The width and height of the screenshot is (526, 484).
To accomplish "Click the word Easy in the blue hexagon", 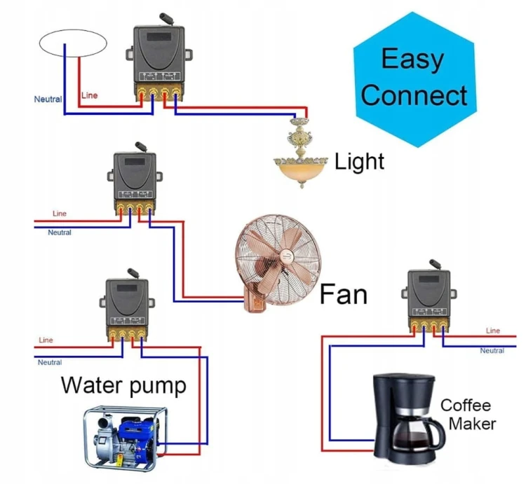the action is pyautogui.click(x=412, y=60).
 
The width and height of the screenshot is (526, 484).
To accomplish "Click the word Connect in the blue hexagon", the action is pyautogui.click(x=414, y=95).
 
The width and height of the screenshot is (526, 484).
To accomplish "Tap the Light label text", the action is pyautogui.click(x=359, y=162).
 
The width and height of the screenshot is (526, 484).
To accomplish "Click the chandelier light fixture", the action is pyautogui.click(x=301, y=154).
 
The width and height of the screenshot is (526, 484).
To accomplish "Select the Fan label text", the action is pyautogui.click(x=344, y=294).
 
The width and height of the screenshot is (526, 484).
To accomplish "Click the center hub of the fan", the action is pyautogui.click(x=287, y=257).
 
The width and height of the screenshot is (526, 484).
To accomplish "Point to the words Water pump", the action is pyautogui.click(x=123, y=385).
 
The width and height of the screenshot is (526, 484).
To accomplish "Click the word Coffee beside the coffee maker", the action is pyautogui.click(x=466, y=406).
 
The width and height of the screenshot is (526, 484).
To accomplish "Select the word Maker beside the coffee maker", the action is pyautogui.click(x=472, y=424).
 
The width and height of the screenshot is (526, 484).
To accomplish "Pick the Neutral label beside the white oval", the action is pyautogui.click(x=48, y=99).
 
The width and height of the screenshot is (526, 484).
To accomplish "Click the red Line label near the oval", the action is pyautogui.click(x=89, y=95).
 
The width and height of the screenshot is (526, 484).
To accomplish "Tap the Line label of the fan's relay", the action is pyautogui.click(x=60, y=214).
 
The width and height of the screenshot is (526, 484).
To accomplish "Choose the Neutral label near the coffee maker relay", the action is pyautogui.click(x=492, y=351).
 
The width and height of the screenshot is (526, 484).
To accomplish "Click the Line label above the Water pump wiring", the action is pyautogui.click(x=46, y=340).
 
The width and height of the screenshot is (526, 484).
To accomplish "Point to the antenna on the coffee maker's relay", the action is pyautogui.click(x=435, y=264).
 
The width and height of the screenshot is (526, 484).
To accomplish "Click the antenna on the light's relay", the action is pyautogui.click(x=167, y=19).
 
